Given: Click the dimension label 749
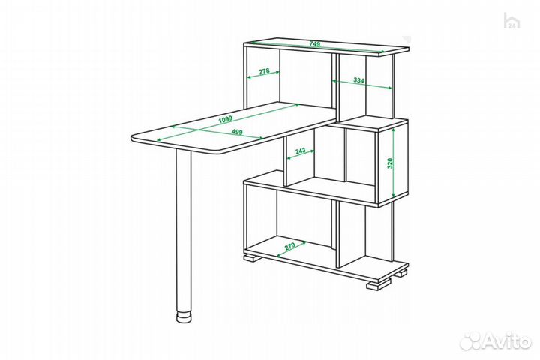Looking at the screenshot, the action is coord(315,44).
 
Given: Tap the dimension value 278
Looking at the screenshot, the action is coord(264,71).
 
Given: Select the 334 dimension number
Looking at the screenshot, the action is coord(358,80).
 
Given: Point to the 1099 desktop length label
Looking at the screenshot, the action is coord(226,119).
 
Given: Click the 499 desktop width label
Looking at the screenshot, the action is coord(237,132).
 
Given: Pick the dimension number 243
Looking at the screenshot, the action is coord(300,151).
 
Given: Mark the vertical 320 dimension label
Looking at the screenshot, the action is coord(389,163).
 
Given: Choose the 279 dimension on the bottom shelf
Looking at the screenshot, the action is coord(290,247).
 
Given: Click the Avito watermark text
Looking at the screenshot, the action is coord(507,341).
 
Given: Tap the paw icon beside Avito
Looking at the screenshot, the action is coord(471,342).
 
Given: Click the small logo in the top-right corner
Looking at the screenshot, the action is coord(511,21).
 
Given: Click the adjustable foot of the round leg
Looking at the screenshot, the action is coord(184,317).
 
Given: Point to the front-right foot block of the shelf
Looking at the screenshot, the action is coord(376,285).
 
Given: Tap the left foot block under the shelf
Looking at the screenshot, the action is coord(253,258).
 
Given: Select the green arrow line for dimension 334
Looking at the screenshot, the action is coord(362,85).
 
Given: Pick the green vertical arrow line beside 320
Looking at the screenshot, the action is coord(394,163).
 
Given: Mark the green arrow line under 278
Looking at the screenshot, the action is coord(264,74).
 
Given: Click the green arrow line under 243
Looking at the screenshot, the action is coord(301,154).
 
